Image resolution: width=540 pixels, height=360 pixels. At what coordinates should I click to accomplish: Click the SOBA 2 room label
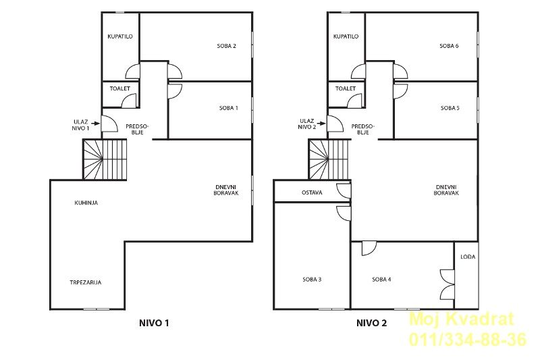226,46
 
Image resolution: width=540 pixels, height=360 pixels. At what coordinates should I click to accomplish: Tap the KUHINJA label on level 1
86,203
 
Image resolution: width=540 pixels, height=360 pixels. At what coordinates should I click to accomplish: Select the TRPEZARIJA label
86,282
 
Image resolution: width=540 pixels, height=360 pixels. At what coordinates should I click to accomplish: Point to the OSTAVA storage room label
312,192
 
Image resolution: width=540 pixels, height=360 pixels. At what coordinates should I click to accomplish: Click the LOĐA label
468,257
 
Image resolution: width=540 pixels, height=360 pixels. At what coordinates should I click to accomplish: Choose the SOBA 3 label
312,280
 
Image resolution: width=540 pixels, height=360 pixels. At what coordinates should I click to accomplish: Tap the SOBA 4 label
381,280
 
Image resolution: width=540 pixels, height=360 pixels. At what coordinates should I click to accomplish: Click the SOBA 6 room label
449,46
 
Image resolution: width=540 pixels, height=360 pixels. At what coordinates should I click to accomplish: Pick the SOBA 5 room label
450,108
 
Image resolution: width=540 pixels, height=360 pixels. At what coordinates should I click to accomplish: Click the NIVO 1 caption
154,323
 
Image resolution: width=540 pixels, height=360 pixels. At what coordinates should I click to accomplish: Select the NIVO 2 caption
372,323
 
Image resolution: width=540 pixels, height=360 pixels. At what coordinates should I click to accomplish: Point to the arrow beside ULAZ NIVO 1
95,123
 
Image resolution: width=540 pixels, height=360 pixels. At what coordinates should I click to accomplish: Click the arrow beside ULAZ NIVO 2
321,123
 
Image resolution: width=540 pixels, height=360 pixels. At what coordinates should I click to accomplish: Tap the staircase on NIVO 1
105,159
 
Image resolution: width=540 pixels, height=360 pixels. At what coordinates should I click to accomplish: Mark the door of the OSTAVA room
344,191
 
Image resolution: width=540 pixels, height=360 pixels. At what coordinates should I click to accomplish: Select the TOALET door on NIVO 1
130,101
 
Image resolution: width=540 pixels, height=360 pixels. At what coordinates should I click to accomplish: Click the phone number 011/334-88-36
468,339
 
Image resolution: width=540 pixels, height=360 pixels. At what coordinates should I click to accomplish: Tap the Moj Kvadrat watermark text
462,319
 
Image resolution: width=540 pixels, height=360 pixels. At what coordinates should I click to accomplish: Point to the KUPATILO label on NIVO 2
346,36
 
